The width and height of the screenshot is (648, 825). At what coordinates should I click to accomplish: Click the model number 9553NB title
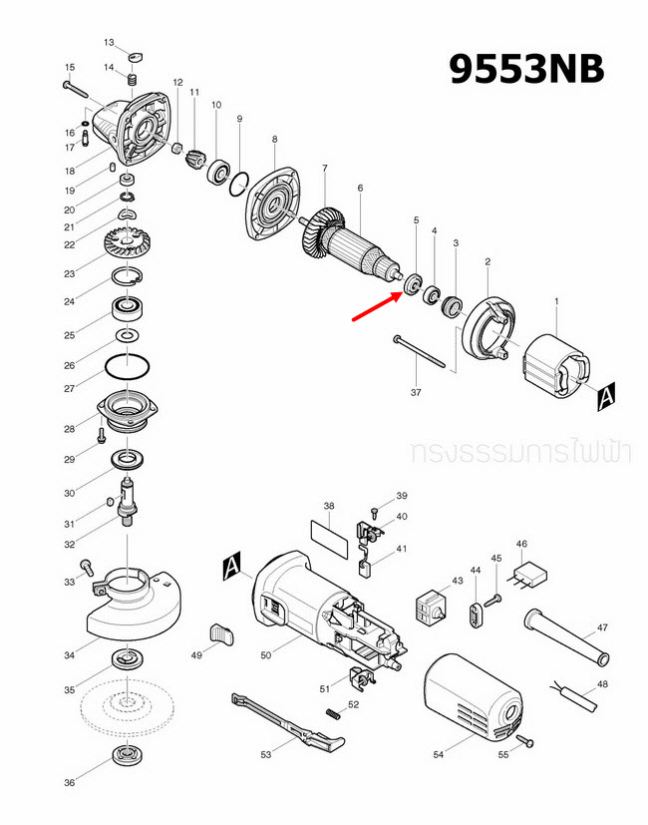coord(525,69)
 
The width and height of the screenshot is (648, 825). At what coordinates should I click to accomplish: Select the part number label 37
coord(417,392)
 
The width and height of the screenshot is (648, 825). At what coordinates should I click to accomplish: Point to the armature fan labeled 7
coord(324,232)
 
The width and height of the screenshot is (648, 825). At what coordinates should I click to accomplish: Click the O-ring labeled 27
coord(129,366)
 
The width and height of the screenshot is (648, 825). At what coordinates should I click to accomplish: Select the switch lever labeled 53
coord(289,723)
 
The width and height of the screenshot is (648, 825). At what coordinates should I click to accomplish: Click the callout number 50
coord(265,654)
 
